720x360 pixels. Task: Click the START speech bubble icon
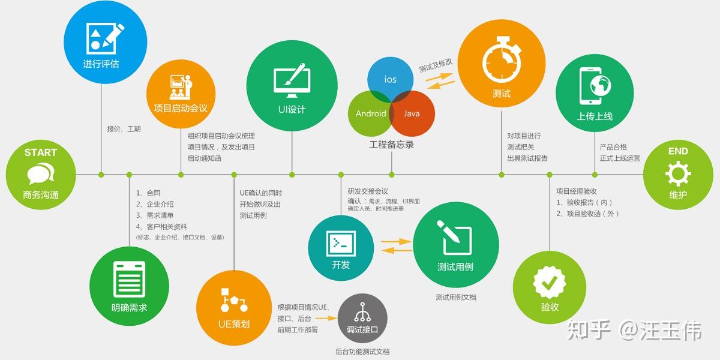[x=40, y=174]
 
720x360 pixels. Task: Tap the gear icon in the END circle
[x=678, y=173]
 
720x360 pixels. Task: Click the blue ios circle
[x=391, y=78]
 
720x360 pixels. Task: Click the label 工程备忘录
[x=391, y=145]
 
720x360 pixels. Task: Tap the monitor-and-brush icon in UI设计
[x=292, y=81]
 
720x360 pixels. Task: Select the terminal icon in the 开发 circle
[x=340, y=242]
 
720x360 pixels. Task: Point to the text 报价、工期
[x=124, y=129]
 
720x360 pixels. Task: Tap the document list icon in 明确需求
[x=129, y=280]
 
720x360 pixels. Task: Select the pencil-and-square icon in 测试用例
[x=455, y=238]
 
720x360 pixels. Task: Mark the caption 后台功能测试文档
[x=362, y=352]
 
